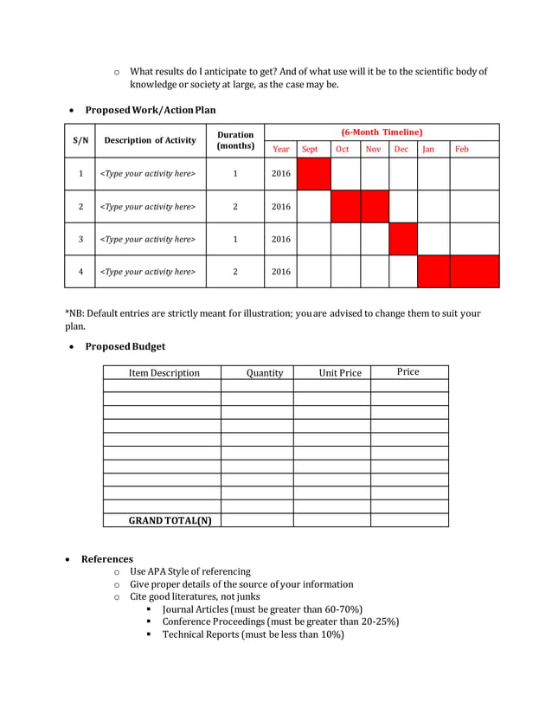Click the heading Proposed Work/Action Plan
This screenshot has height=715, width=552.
(150, 110)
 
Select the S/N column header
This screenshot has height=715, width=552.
(80, 140)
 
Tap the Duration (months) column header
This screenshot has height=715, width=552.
(235, 140)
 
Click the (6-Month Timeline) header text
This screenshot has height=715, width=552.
(382, 132)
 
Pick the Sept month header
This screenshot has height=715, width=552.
(310, 149)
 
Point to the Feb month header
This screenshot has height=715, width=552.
(462, 149)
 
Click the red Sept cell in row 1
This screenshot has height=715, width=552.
(313, 174)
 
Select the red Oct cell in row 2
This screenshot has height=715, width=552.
(345, 207)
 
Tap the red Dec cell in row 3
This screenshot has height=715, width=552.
(403, 239)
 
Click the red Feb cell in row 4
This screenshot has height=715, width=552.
(474, 271)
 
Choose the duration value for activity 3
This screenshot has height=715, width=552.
(235, 240)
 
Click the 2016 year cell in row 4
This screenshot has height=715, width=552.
(281, 272)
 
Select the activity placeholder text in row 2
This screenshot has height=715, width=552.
(149, 207)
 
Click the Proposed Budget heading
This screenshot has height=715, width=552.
(125, 346)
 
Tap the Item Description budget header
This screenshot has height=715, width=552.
(164, 373)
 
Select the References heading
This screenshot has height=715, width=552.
(106, 559)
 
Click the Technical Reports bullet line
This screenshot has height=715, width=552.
(253, 634)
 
